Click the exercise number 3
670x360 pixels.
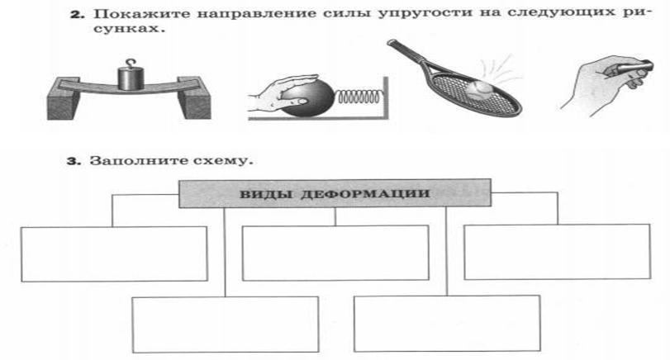[72, 159]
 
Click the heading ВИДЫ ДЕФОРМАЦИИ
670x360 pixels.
[335, 192]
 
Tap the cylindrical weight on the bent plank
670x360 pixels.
[131, 78]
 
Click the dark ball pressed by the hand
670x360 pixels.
[311, 98]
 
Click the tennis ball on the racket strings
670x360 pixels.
[478, 87]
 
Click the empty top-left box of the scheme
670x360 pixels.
[113, 253]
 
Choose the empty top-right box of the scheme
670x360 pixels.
[556, 252]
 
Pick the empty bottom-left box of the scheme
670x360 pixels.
[225, 324]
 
